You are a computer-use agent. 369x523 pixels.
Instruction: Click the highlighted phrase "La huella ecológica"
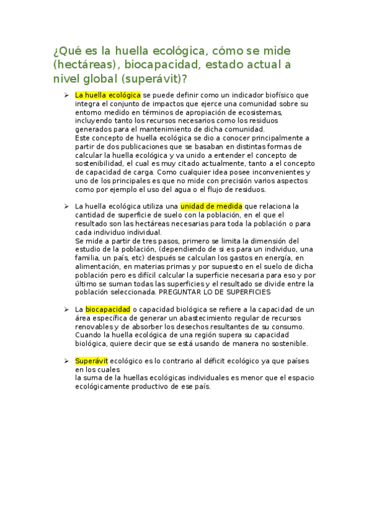[x=107, y=95]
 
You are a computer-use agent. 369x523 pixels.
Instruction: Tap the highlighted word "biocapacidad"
[x=107, y=308]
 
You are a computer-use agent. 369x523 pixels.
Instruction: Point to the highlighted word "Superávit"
[x=91, y=360]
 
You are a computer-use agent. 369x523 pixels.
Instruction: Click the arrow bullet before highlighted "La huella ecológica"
[x=65, y=96]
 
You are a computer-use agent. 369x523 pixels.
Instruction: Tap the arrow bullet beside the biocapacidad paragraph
[x=65, y=309]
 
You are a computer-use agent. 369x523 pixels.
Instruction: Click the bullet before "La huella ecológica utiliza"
[x=65, y=207]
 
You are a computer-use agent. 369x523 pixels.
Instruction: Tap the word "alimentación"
[x=95, y=258]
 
